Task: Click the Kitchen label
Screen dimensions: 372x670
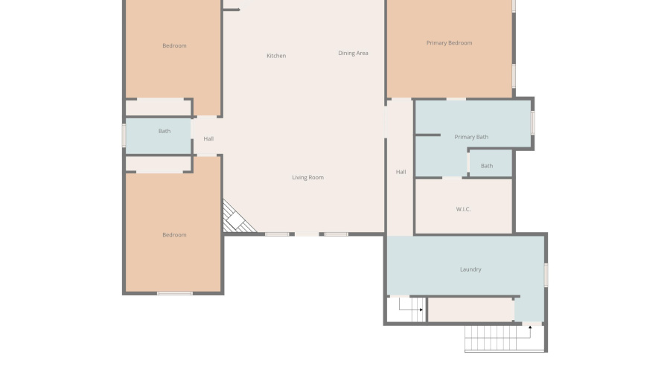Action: point(276,56)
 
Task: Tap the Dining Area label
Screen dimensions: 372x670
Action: point(353,53)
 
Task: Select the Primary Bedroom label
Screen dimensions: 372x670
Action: point(449,43)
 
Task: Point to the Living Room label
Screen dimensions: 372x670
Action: point(307,178)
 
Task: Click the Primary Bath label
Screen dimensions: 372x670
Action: point(471,137)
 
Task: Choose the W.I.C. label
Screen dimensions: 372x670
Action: point(463,209)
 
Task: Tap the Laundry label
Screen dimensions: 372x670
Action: point(470,269)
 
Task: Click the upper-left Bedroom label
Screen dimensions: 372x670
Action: point(174,46)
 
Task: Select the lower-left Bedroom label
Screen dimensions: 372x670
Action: point(174,235)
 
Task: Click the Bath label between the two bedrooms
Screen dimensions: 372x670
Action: point(164,132)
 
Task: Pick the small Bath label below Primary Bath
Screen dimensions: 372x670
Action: point(486,166)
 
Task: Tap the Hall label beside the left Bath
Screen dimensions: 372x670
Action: point(208,139)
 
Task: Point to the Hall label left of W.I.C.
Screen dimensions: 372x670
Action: point(401,172)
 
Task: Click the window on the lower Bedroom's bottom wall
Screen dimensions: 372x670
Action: point(174,293)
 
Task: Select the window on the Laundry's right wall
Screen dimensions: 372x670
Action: point(546,275)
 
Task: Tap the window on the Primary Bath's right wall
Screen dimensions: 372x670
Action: point(532,123)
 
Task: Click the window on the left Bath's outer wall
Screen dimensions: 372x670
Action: point(124,135)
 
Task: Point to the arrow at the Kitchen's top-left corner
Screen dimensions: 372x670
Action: point(232,10)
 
